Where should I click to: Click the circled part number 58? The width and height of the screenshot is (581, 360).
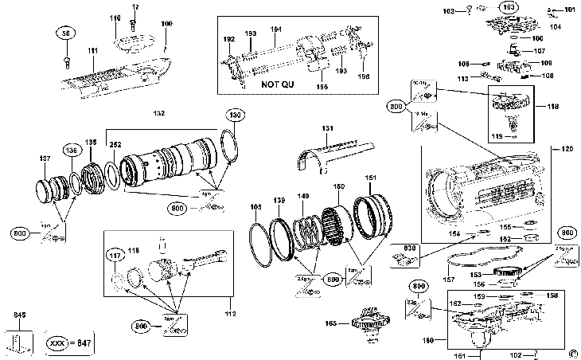click(64, 33)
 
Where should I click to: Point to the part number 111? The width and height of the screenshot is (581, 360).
click(93, 51)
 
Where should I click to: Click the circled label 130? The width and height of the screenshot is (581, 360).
click(235, 114)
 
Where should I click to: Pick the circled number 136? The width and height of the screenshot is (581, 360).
click(72, 149)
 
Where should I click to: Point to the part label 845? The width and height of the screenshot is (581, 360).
click(20, 315)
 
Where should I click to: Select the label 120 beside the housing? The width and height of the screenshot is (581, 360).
click(567, 149)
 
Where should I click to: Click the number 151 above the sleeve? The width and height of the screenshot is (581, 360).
click(371, 178)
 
